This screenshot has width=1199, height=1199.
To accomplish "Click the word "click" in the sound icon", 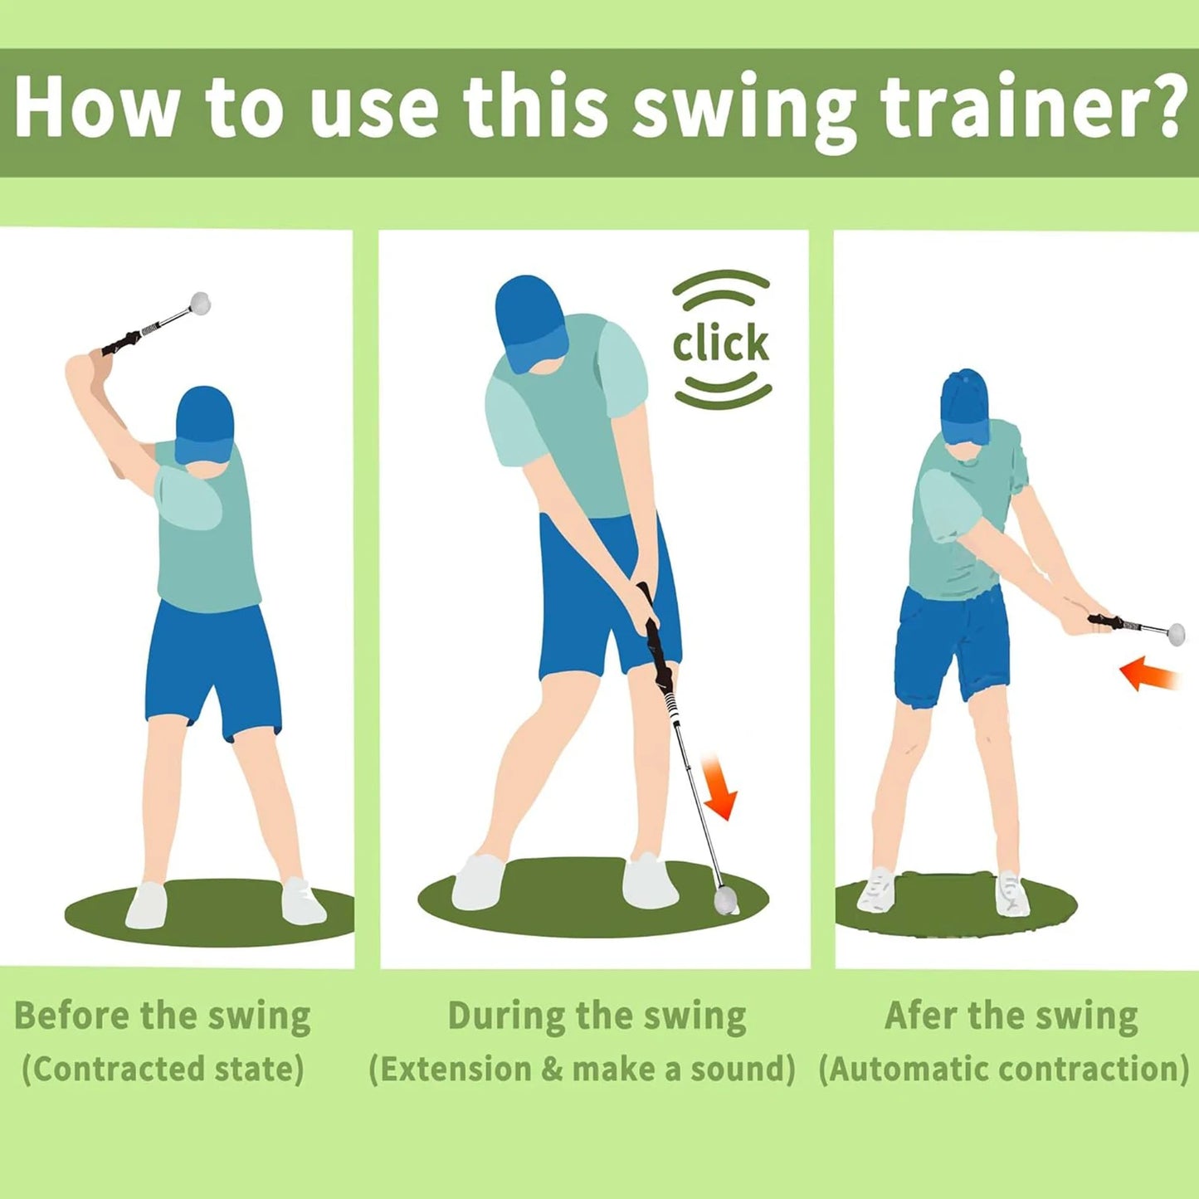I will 720,344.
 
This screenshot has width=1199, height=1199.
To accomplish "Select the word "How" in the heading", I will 96,109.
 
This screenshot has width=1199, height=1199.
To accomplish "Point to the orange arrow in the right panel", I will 1148,673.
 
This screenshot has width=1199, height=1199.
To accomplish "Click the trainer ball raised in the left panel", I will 200,303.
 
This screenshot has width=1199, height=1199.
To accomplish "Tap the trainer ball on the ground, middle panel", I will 726,899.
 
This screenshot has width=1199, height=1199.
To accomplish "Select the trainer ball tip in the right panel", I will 1176,634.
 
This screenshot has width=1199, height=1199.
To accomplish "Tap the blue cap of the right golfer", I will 965,405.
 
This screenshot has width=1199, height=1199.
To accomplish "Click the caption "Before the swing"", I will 163,1016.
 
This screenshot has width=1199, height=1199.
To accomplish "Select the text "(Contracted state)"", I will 163,1069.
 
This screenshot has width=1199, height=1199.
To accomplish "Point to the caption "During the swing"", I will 597,1016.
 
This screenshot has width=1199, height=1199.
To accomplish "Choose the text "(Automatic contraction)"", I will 1004,1069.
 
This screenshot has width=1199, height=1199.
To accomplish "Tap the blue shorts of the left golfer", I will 213,664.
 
